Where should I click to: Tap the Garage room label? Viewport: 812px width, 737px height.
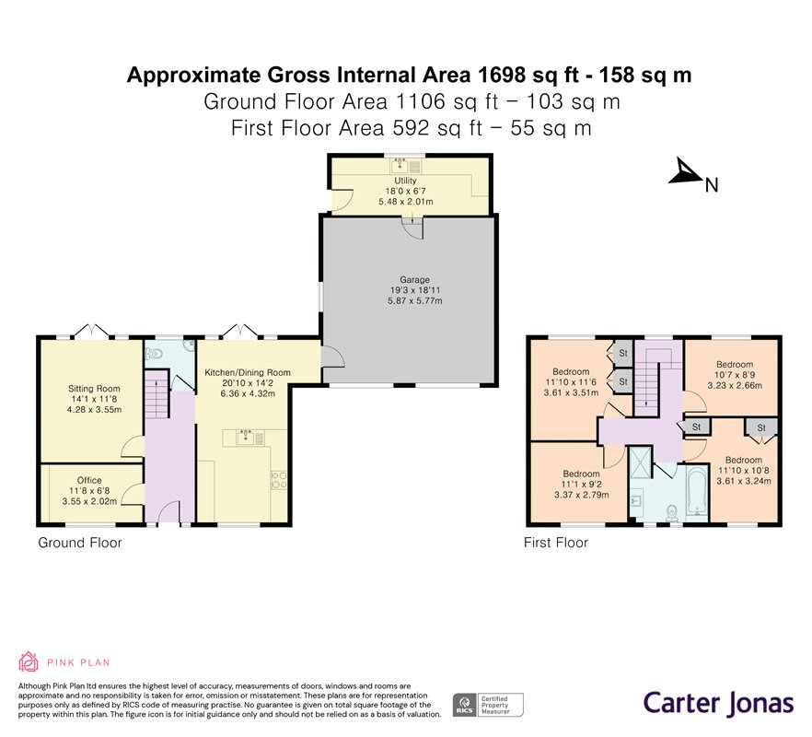click(x=414, y=280)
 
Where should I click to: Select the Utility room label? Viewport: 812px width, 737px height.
click(x=405, y=181)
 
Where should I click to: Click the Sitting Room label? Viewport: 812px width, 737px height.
click(x=94, y=388)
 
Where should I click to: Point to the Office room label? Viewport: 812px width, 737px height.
click(x=89, y=481)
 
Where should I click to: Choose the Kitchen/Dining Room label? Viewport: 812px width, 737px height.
click(x=248, y=373)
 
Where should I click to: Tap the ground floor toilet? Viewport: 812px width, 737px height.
click(x=154, y=354)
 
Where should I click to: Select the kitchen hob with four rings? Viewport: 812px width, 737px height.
click(x=279, y=479)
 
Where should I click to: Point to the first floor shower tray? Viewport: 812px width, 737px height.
click(x=640, y=464)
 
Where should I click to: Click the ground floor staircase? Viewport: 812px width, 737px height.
click(x=157, y=395)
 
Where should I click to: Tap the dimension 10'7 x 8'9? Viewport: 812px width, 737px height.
click(x=735, y=375)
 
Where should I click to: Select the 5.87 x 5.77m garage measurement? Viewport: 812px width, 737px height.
click(x=415, y=300)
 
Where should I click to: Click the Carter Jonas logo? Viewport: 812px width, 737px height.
click(x=718, y=704)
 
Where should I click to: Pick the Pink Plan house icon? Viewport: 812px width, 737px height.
click(x=28, y=661)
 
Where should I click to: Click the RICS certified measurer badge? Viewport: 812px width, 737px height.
click(x=488, y=705)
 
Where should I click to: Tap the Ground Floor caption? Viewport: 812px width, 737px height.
click(x=80, y=543)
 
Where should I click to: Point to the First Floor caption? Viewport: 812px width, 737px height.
click(x=556, y=543)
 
